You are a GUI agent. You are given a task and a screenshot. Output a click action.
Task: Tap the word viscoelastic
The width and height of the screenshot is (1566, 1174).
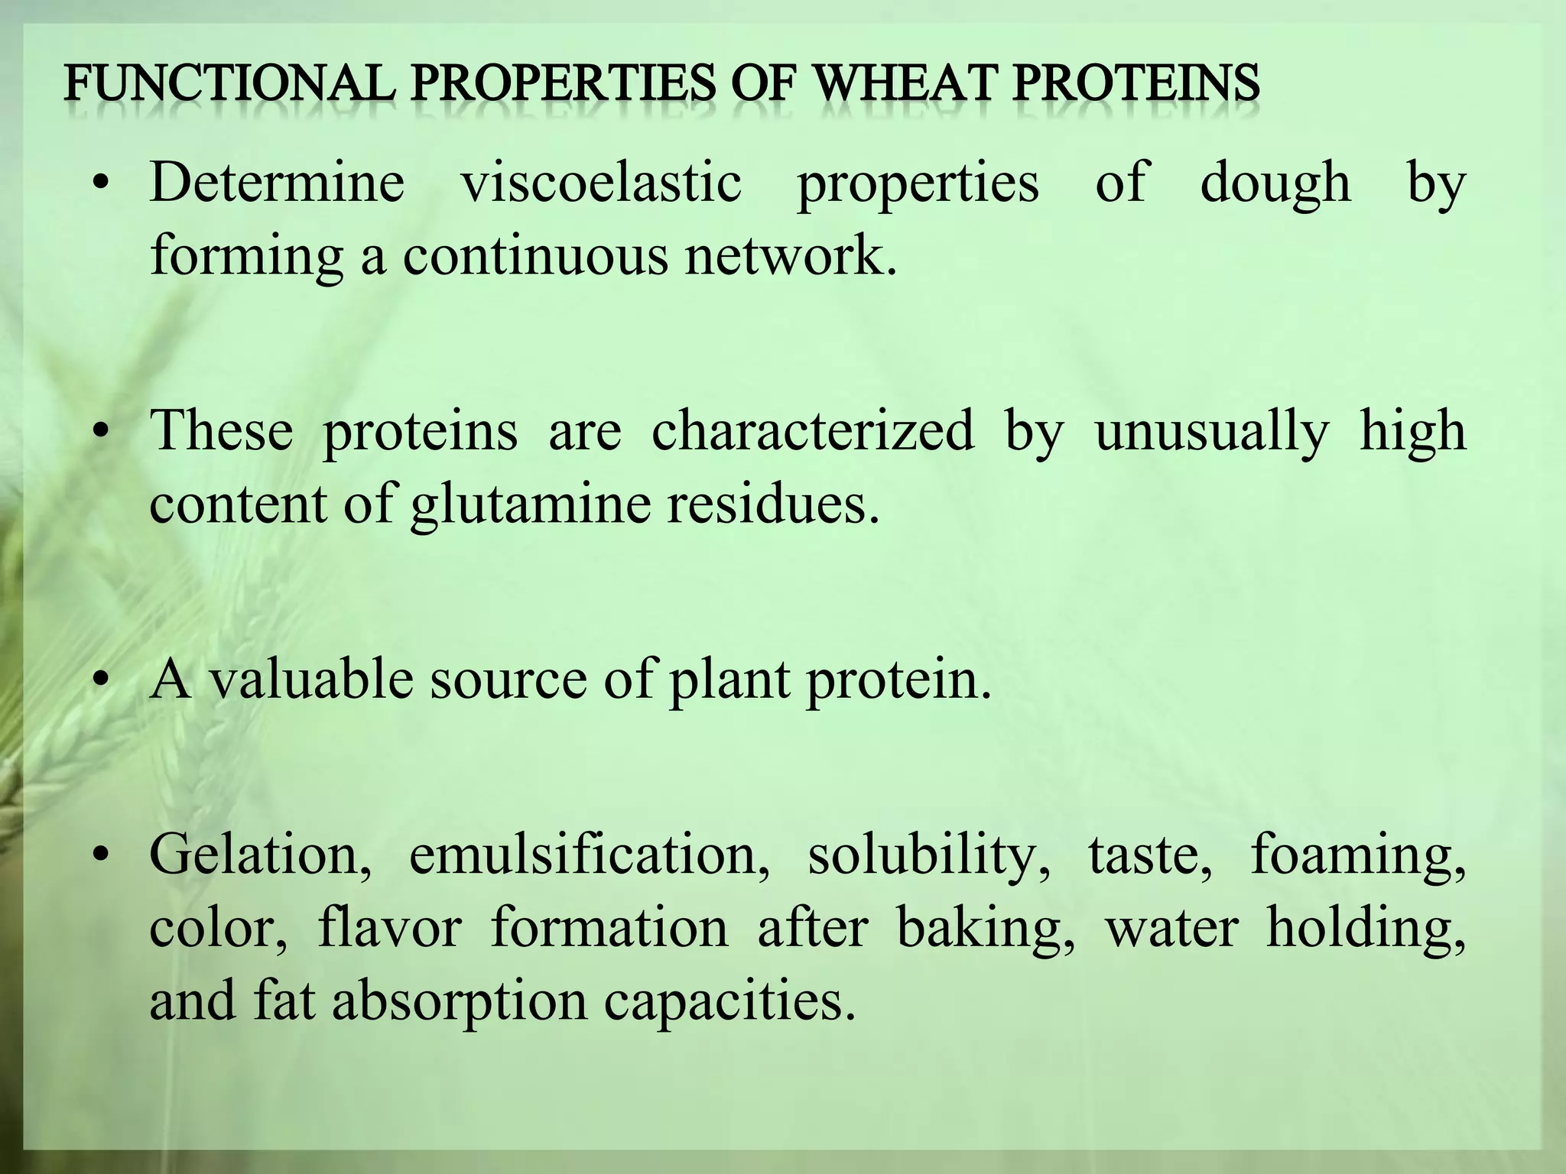click(601, 183)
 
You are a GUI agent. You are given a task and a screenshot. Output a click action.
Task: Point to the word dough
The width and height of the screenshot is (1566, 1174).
click(1275, 184)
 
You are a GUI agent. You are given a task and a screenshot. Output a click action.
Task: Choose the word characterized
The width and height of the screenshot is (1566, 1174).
click(813, 430)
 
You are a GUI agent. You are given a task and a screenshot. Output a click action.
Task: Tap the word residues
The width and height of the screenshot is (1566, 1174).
click(772, 504)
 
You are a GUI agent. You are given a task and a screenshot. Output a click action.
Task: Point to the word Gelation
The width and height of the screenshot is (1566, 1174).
click(261, 854)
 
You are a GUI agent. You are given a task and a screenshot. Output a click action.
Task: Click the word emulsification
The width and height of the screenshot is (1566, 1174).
click(589, 854)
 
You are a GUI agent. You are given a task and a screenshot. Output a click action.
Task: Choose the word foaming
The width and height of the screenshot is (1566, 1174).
click(1358, 855)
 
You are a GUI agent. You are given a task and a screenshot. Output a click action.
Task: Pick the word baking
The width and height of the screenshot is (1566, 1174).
click(986, 929)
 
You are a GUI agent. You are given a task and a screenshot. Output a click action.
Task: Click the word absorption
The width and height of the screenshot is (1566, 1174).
click(460, 1002)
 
